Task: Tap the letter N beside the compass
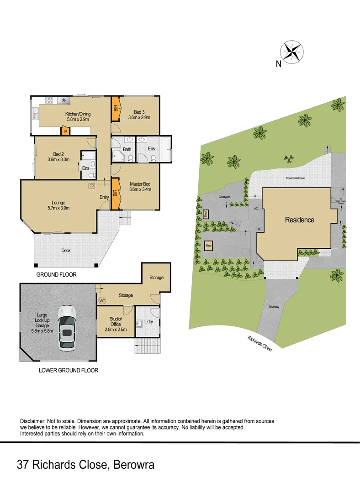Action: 278,64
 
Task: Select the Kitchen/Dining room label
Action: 78,114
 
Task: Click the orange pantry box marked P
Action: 66,131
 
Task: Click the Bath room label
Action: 127,149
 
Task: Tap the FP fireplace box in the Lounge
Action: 92,186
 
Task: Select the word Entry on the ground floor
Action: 104,197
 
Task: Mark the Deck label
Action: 66,250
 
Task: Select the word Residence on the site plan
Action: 300,220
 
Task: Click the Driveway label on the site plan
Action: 274,307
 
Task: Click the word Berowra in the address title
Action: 132,465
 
